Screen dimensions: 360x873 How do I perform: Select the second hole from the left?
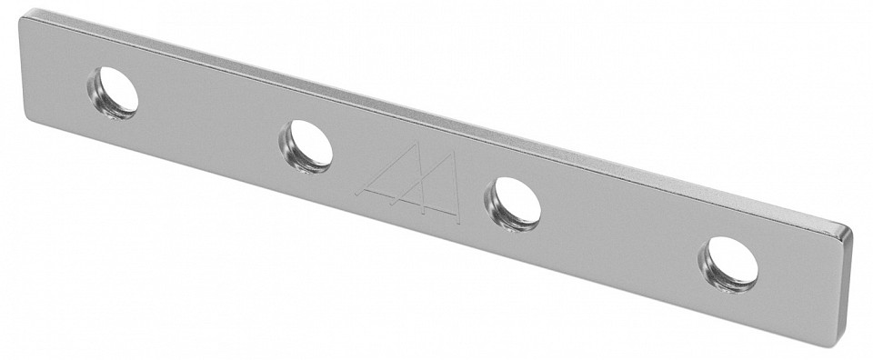coord(306,145)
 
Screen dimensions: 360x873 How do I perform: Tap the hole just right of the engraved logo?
coord(513,203)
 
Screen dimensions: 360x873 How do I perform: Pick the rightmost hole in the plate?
coord(728,264)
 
